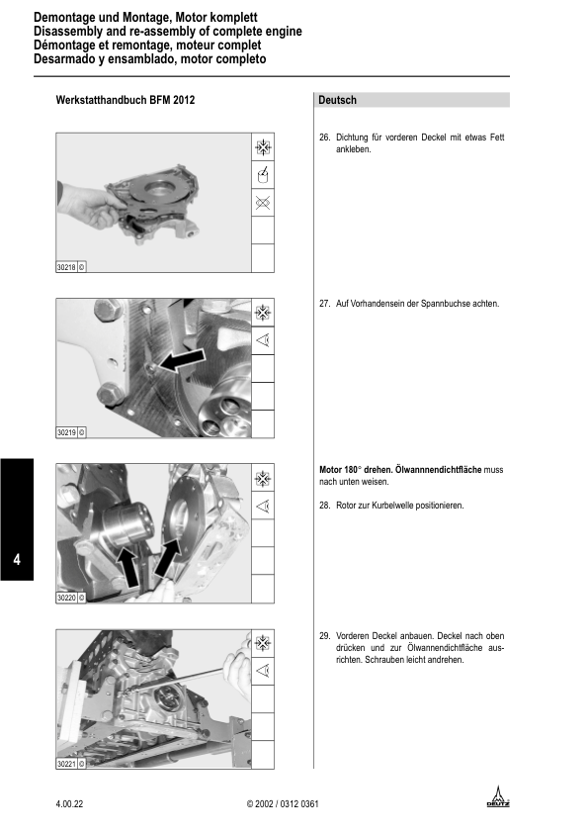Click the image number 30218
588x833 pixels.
pos(67,266)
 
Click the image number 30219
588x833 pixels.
pos(67,432)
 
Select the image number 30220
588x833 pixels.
pos(67,598)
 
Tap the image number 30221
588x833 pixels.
pos(67,764)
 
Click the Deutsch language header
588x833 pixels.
pos(338,101)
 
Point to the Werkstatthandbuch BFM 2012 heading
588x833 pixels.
pos(132,101)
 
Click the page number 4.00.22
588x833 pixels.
pos(70,804)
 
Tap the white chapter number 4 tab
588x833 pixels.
pos(17,561)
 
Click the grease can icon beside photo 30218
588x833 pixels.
pos(263,176)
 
